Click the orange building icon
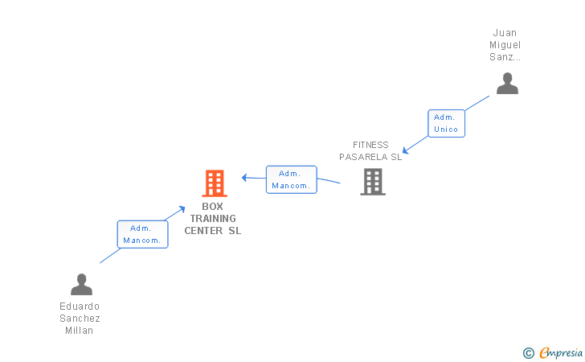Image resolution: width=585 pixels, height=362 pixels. tap(215, 183)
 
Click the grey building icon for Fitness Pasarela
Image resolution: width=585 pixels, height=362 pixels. tap(373, 182)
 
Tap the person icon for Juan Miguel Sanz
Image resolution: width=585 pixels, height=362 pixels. tap(507, 84)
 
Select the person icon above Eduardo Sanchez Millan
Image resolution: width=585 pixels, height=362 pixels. tap(81, 284)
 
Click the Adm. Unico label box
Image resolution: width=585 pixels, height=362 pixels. tap(446, 123)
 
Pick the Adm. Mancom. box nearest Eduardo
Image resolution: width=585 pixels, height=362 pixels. tap(142, 234)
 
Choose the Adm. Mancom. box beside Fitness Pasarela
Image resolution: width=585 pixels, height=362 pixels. tap(292, 179)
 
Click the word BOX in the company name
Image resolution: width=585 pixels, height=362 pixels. tap(212, 207)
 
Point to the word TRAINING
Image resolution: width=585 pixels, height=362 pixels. tap(213, 219)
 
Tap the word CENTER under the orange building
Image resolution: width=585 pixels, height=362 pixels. tap(203, 231)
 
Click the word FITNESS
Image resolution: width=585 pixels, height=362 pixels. tap(370, 145)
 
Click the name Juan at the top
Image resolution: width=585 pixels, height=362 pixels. tap(505, 33)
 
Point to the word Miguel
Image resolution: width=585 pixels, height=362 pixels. tap(505, 45)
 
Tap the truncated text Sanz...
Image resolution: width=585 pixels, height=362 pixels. tap(505, 57)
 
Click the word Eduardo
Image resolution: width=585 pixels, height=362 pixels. tap(80, 306)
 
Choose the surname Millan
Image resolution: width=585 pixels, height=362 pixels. tap(79, 331)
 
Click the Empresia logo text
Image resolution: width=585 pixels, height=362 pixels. tap(561, 352)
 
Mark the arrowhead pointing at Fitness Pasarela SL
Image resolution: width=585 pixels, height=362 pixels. tap(406, 150)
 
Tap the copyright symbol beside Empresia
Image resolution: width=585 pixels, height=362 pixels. tap(529, 353)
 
